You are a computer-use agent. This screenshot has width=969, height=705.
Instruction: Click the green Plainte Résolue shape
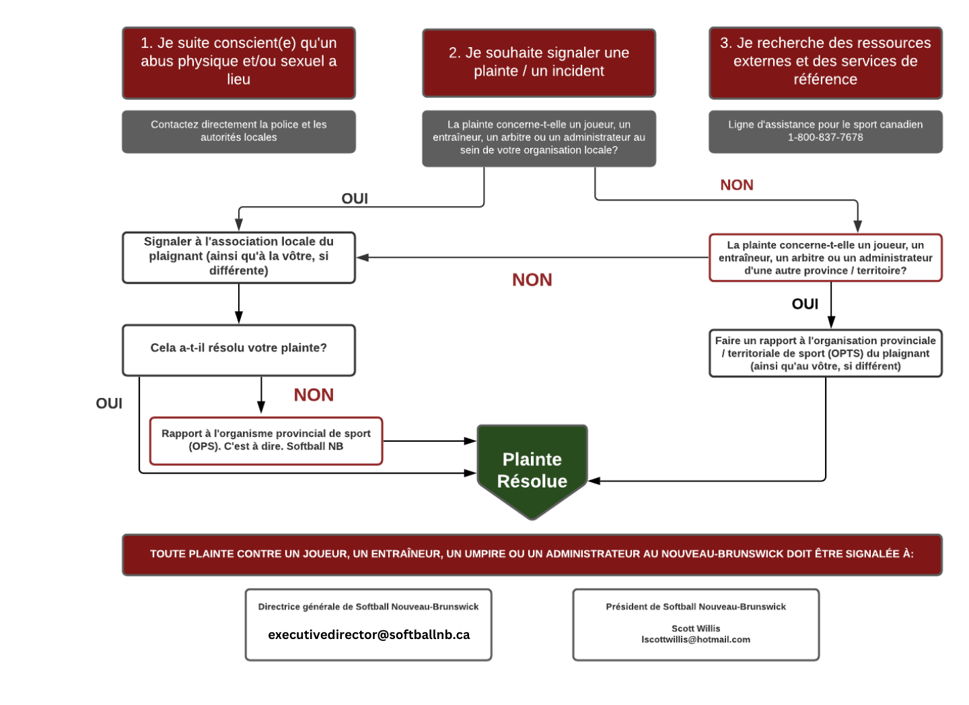(532, 469)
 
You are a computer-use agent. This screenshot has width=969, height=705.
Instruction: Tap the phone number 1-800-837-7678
(825, 137)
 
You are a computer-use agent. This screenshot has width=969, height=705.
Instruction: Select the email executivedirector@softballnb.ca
(369, 634)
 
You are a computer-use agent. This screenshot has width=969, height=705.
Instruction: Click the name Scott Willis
(696, 628)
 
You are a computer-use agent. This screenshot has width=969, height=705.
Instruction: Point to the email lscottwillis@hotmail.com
(696, 639)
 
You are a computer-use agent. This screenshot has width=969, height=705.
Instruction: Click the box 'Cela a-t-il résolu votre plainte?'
(239, 350)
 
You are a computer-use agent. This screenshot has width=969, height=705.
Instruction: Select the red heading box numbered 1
(239, 63)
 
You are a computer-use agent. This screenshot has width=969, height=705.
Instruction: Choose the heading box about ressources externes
(826, 63)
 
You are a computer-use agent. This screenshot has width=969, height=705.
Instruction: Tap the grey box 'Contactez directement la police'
(239, 131)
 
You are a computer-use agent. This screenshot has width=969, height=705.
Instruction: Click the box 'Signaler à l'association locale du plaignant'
(239, 257)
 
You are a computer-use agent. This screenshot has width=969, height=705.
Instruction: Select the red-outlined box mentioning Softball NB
(266, 441)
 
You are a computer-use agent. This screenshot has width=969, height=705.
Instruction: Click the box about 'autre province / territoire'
(826, 257)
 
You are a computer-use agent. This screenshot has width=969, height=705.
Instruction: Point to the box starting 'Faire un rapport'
(826, 353)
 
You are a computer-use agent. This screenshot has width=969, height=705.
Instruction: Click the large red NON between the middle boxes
(532, 280)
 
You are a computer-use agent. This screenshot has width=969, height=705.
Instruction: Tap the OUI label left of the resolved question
(109, 403)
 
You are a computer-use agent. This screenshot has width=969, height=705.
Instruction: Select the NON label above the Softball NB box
(314, 395)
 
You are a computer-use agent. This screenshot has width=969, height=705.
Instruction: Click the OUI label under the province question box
(805, 304)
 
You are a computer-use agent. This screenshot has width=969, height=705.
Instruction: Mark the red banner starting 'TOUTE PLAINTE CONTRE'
(532, 555)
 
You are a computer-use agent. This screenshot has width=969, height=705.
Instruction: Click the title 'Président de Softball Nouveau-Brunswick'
(696, 606)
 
